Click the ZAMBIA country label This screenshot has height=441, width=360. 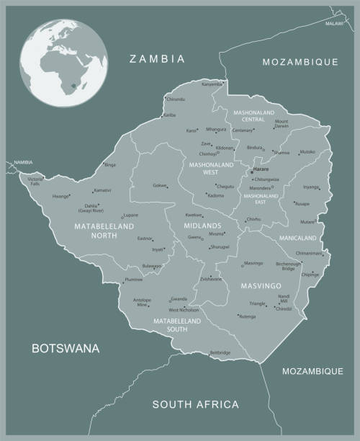pos(157,59)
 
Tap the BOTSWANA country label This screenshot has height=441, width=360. pos(66,349)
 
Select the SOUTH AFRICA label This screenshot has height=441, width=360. pos(195,405)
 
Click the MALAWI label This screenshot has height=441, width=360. pos(334,24)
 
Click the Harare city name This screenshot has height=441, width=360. pos(260,169)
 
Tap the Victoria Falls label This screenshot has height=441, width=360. pos(35,180)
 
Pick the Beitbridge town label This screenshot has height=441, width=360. pos(220,352)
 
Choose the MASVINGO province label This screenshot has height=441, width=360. pos(256,286)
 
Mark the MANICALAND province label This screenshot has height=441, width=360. pos(299,237)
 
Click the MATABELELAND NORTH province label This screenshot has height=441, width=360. pos(104,231)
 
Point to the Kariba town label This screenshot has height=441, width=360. pos(169,115)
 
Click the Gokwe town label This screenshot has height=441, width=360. pos(158,186)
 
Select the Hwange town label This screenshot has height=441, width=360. pos(60,196)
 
